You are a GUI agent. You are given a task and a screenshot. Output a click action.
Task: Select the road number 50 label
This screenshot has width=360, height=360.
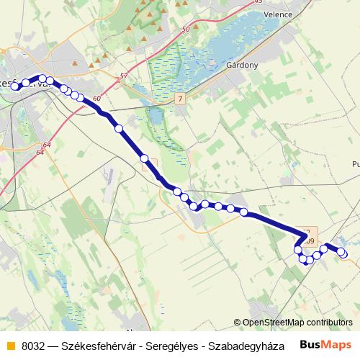pos(186,30)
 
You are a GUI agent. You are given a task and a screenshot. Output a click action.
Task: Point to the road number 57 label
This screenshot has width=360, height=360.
pos(124,76)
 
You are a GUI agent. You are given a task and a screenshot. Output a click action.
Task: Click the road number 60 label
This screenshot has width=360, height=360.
pos(96,98)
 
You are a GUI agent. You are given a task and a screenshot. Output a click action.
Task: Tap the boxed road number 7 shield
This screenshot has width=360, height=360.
pos(180,97)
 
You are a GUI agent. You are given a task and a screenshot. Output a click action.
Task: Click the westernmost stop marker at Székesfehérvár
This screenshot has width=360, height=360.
pos(14,87)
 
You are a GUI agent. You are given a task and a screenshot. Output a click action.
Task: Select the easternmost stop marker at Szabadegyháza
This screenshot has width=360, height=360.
pos(343,253)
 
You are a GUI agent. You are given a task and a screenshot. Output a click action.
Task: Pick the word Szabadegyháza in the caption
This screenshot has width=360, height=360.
pos(248,345)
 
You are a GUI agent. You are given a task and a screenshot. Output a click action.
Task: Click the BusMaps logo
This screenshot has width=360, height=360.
pos(326,344)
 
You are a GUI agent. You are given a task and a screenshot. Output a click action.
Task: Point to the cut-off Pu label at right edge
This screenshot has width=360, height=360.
pos(355,165)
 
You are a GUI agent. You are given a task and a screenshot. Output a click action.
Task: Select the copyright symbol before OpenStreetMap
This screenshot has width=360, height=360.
pos(238,323)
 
